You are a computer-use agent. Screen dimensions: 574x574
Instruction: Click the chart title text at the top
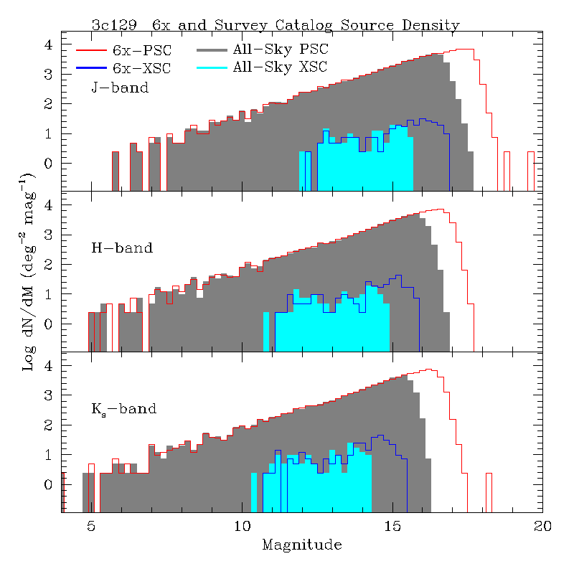[276, 25]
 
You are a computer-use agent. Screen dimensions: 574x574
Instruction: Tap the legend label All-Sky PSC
[279, 51]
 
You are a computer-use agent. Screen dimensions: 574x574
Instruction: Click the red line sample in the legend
[90, 51]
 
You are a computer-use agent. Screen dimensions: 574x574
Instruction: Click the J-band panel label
[120, 88]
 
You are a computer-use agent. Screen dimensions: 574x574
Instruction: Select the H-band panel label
[122, 249]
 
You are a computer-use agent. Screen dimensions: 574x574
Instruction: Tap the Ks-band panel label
[123, 410]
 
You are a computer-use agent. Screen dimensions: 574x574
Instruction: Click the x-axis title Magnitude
[301, 545]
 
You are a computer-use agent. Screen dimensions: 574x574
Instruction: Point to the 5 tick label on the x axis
[91, 527]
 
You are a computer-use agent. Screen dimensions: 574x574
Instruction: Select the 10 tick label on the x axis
[242, 527]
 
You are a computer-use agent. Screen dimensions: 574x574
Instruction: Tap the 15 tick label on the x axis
[392, 527]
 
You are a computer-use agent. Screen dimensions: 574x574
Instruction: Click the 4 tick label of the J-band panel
[49, 44]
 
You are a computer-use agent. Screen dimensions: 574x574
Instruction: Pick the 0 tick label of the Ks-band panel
[49, 485]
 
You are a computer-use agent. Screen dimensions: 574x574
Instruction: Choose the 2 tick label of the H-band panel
[49, 265]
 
